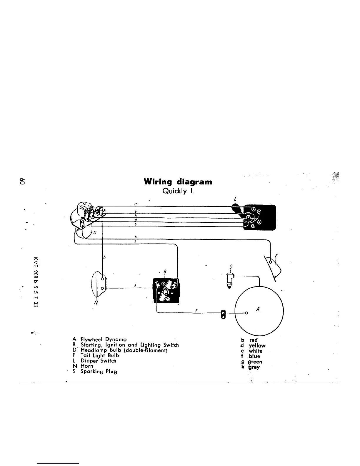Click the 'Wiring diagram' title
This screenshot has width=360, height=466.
[178, 181]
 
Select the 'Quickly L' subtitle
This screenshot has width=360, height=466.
[178, 191]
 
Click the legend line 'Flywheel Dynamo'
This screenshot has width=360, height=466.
[99, 339]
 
